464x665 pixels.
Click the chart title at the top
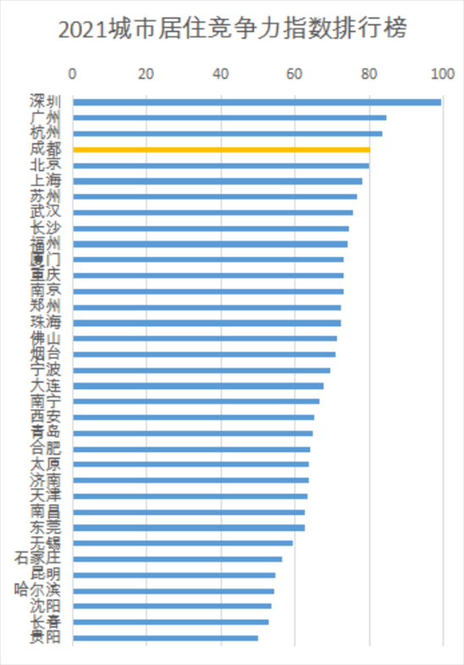[x=232, y=31]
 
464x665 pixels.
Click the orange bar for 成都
[x=221, y=150]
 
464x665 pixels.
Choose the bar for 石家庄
[x=177, y=559]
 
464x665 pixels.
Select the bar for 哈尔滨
[x=173, y=590]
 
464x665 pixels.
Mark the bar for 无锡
[x=182, y=543]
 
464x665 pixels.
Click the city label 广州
[x=45, y=118]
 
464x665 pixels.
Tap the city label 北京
[x=45, y=165]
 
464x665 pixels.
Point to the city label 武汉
[x=45, y=213]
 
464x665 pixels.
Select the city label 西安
[x=45, y=417]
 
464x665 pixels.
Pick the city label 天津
[x=45, y=496]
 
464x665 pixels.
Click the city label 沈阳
[x=45, y=606]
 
